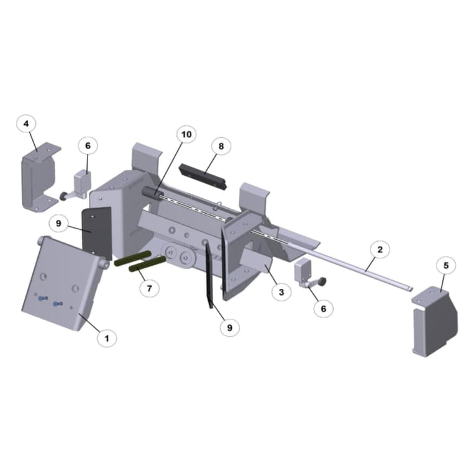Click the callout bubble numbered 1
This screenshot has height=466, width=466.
point(106,338)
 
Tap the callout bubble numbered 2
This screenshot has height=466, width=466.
point(380,250)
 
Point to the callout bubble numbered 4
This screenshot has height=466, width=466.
point(26,124)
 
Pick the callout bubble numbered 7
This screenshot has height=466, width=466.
point(148,288)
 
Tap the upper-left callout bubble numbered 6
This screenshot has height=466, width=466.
point(88,145)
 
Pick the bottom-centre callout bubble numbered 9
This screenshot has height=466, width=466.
point(229,326)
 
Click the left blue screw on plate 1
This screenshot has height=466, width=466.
point(42,299)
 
